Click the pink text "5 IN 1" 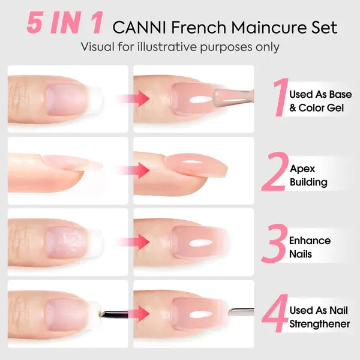click(65, 23)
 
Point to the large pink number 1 click(281, 97)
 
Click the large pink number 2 click(275, 171)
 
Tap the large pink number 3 click(275, 243)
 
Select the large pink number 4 click(275, 313)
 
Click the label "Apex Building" click(308, 175)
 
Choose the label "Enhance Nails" click(310, 247)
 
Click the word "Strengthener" click(319, 324)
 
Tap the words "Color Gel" click(321, 108)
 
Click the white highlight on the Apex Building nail click(193, 161)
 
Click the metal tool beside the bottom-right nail click(241, 311)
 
